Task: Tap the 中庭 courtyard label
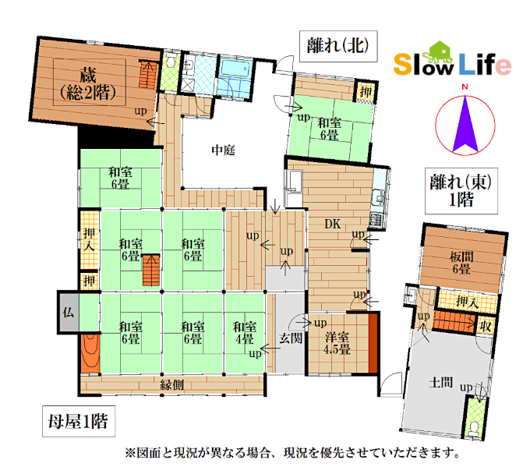223,150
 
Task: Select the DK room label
333,224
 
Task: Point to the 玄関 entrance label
291,338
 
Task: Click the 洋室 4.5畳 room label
337,343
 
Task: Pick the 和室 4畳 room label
245,333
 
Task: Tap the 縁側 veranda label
172,384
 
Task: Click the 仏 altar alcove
69,313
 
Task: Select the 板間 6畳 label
461,263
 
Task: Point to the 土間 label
441,382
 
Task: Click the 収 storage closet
486,326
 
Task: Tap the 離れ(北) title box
338,46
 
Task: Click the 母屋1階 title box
79,421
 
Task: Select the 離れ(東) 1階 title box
461,191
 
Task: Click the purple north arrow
465,124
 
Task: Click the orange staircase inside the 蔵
149,74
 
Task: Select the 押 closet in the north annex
366,91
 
